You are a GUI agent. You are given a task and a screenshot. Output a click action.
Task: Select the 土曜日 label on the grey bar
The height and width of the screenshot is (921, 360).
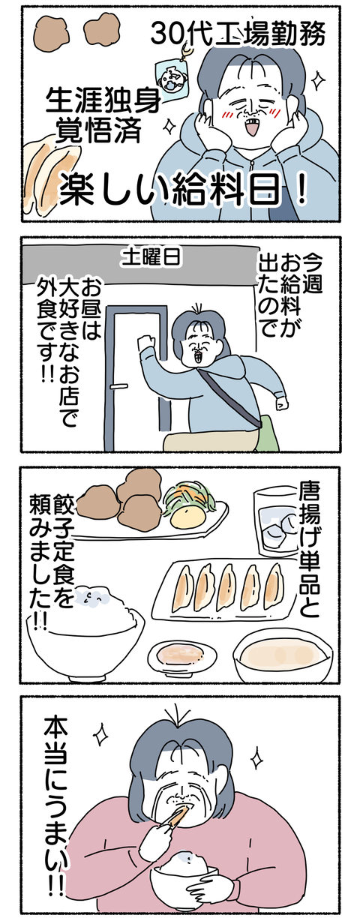tap(151, 257)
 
